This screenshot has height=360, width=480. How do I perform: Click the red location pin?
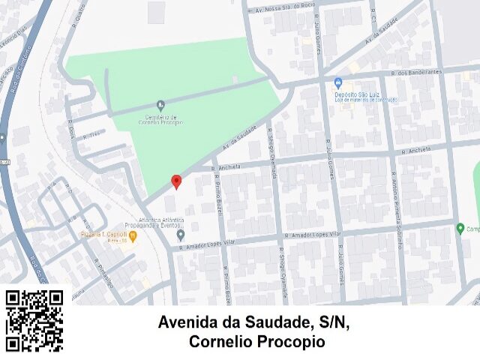point(176,181)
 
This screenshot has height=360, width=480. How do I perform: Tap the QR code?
point(34,320)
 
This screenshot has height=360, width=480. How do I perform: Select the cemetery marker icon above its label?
point(160,105)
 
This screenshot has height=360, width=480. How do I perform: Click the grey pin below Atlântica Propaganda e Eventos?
point(181,235)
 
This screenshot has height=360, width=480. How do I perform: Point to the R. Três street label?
point(91,136)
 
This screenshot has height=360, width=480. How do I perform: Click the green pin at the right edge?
point(460,228)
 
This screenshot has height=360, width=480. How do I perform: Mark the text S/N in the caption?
point(334,323)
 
